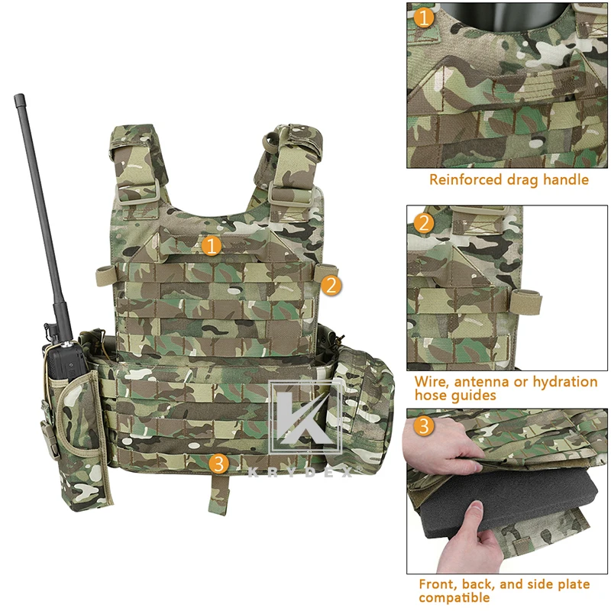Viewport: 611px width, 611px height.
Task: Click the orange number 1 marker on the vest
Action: [x=212, y=245]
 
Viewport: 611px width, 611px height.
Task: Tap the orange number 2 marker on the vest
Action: [x=330, y=286]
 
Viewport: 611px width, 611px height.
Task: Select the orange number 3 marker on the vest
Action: [x=218, y=462]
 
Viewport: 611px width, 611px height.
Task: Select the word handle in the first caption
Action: [x=565, y=180]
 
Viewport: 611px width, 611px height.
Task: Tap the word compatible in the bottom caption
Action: [x=454, y=598]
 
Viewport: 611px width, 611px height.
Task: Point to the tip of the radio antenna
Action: [x=17, y=97]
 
